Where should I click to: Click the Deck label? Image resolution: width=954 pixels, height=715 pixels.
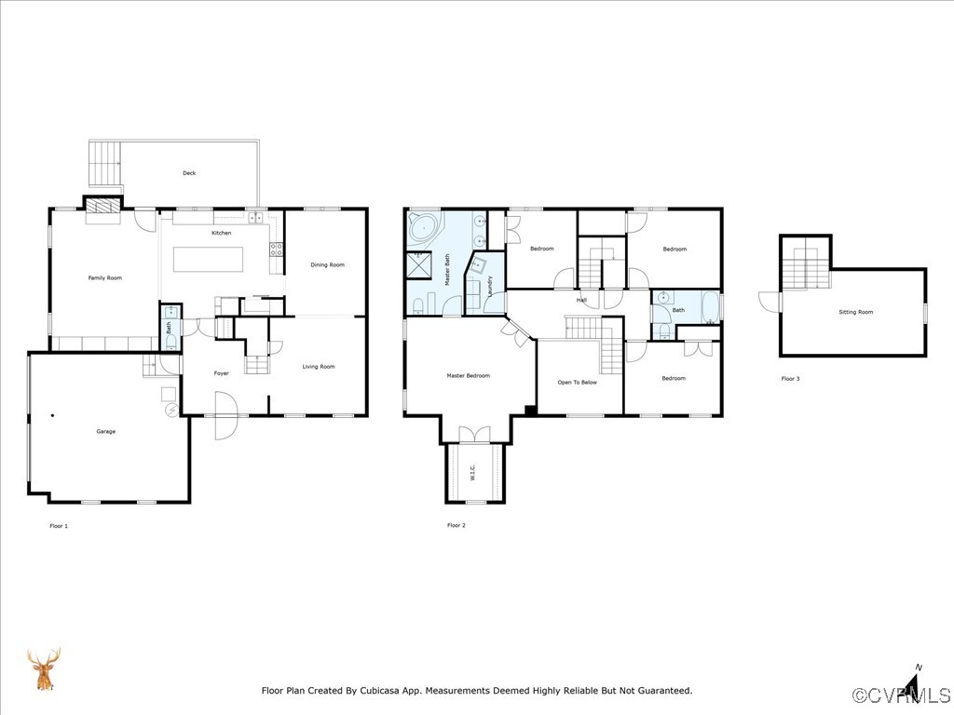click(189, 173)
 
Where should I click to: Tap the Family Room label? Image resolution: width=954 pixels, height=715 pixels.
click(105, 277)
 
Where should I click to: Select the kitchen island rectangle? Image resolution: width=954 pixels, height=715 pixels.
click(208, 259)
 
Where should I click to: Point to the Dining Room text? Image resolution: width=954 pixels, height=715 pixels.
click(327, 264)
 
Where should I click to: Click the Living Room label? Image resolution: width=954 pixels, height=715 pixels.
click(319, 367)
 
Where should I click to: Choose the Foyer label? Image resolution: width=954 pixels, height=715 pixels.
click(221, 373)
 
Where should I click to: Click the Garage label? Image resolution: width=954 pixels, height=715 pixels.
click(106, 431)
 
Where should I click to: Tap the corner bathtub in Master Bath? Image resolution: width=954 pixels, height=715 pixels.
click(425, 226)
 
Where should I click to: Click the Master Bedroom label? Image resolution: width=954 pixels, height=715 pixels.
click(468, 376)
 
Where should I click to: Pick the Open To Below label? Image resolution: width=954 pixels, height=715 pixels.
click(578, 382)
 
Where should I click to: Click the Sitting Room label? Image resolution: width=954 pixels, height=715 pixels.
click(855, 312)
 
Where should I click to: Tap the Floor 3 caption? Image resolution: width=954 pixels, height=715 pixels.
click(790, 378)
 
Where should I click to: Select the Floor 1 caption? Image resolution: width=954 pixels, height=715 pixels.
click(59, 526)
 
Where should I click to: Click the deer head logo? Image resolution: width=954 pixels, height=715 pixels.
click(43, 668)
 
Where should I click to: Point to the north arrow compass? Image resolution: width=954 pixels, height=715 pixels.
click(914, 684)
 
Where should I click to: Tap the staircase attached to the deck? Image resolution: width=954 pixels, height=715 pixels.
click(106, 165)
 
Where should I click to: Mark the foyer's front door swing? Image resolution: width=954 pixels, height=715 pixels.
click(225, 415)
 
